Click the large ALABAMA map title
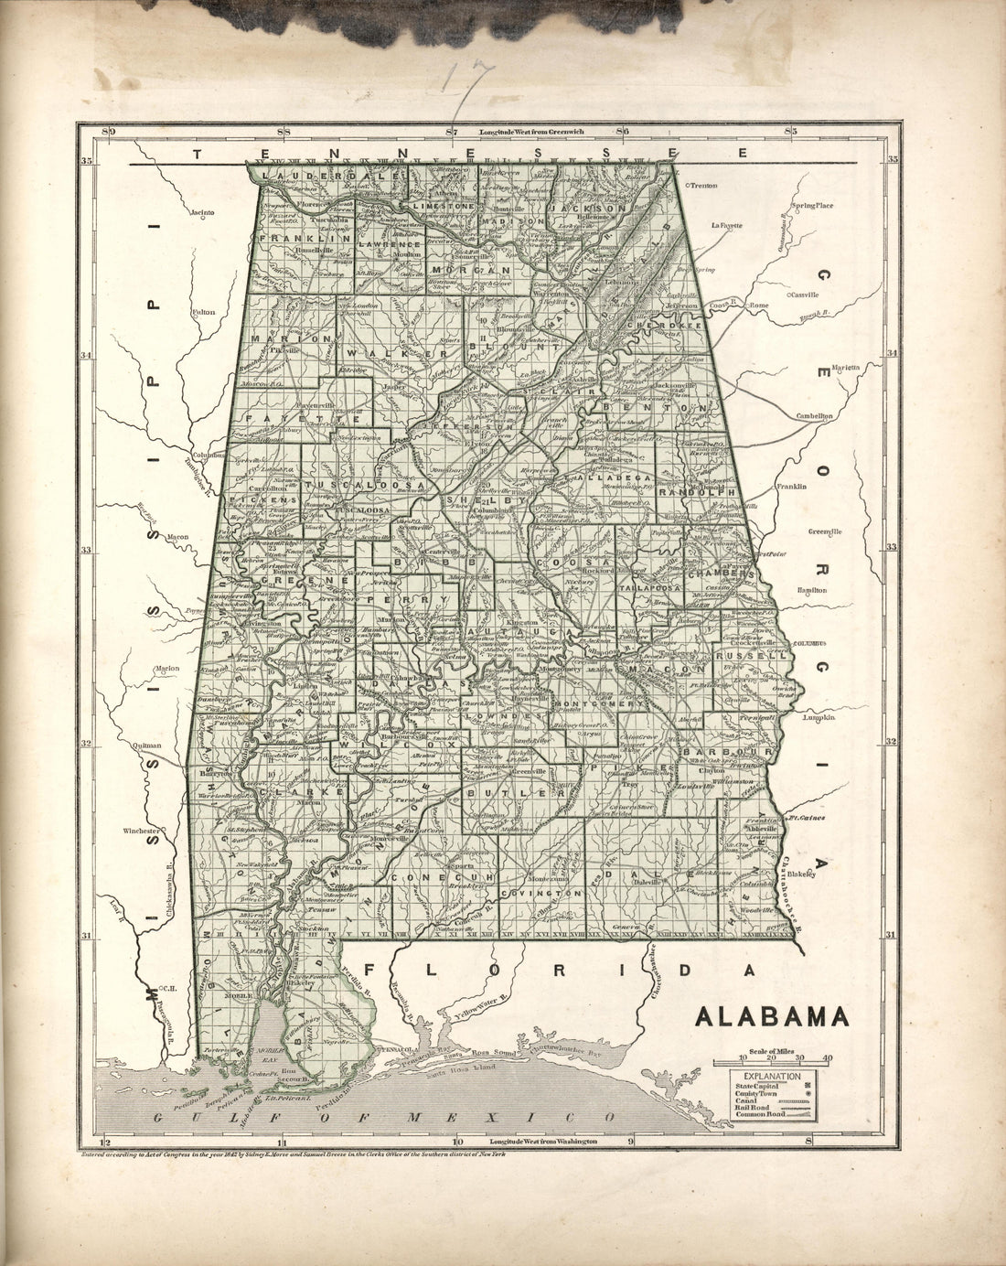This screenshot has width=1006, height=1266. click(772, 1017)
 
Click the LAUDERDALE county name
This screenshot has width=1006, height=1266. click(305, 176)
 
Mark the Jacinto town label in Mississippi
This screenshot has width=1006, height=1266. click(199, 212)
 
